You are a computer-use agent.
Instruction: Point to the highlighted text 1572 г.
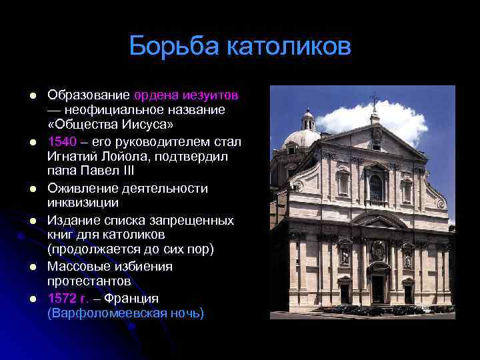pyautogui.click(x=67, y=298)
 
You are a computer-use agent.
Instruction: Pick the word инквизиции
pyautogui.click(x=83, y=202)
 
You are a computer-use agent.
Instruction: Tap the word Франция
pyautogui.click(x=131, y=298)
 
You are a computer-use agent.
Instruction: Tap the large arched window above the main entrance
pyautogui.click(x=376, y=187)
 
